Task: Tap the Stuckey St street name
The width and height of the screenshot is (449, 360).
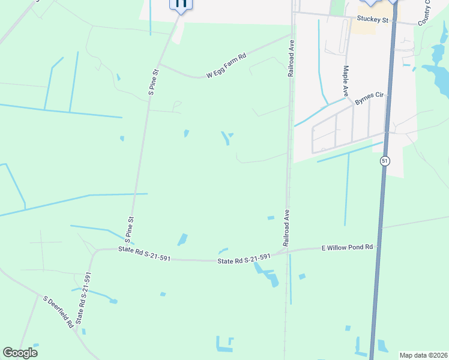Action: click(x=373, y=20)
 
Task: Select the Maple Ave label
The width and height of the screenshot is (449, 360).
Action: click(x=346, y=81)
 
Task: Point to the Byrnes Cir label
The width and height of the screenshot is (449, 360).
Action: click(x=369, y=98)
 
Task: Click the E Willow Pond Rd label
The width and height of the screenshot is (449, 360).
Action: click(x=348, y=247)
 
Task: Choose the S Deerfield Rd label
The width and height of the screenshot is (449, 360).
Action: click(x=58, y=311)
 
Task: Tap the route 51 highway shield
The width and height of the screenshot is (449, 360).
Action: click(x=384, y=161)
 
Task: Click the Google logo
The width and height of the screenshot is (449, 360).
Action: click(x=20, y=353)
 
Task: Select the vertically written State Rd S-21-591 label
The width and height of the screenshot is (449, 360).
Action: click(x=85, y=302)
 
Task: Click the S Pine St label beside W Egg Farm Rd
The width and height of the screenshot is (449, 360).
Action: click(x=154, y=82)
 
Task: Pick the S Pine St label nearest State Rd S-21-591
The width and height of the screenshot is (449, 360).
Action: click(x=130, y=229)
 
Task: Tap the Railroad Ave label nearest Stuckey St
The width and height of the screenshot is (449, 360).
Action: click(x=291, y=58)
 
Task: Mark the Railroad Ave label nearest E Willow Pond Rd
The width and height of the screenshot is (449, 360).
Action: click(x=287, y=228)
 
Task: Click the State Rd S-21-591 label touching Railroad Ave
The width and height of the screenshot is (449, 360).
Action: click(x=244, y=259)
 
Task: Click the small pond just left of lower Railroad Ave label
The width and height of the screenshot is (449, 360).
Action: click(x=271, y=217)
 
